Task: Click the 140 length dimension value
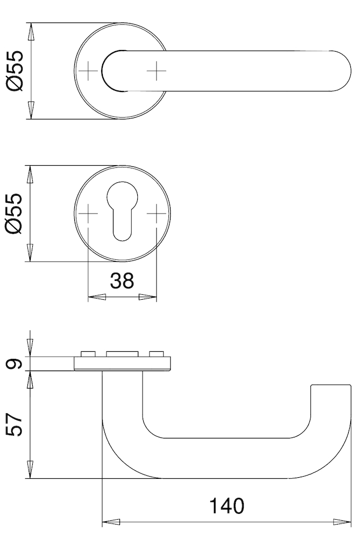(227, 505)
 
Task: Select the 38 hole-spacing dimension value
(122, 280)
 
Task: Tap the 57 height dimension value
(15, 425)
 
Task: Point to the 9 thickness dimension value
(15, 364)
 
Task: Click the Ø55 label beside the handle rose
(16, 71)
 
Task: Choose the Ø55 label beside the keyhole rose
(16, 214)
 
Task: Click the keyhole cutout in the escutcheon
(122, 211)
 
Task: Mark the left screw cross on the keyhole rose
(88, 214)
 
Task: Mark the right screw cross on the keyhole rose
(157, 214)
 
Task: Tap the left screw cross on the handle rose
(88, 71)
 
